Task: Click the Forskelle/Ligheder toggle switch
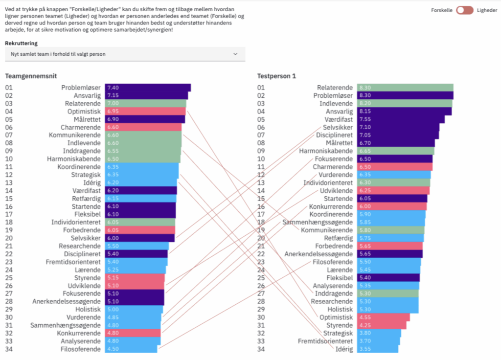point(464,10)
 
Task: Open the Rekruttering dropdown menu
point(125,54)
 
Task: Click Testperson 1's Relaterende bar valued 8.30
point(405,88)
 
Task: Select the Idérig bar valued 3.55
point(377,349)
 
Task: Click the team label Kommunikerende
point(75,135)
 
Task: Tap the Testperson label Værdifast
point(337,119)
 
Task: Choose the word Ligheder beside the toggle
point(487,10)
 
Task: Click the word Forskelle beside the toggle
point(442,10)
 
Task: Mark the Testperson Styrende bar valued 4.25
point(382,325)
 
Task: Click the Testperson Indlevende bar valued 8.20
point(404,103)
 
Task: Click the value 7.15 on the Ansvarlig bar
point(113,95)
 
